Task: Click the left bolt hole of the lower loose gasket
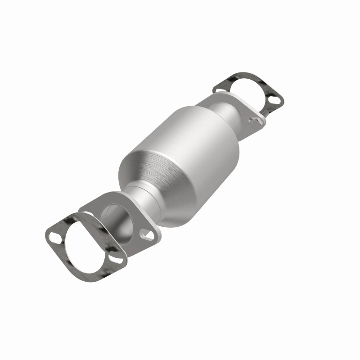(x=53, y=233)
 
